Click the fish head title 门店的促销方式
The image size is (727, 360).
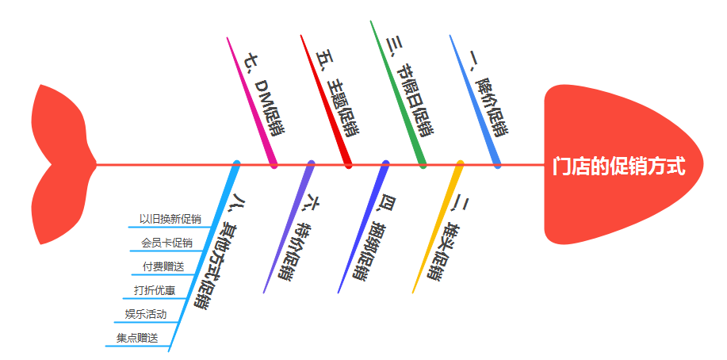click(x=618, y=167)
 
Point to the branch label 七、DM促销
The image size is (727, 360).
click(x=266, y=95)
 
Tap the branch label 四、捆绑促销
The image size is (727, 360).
click(x=373, y=238)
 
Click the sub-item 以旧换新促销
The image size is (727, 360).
click(x=170, y=219)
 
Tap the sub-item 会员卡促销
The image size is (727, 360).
click(x=166, y=243)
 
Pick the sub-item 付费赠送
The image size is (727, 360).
click(x=163, y=266)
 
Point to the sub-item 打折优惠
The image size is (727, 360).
click(x=155, y=290)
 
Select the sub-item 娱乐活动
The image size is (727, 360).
click(x=146, y=314)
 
